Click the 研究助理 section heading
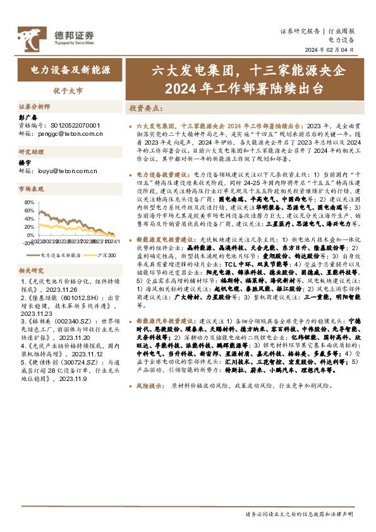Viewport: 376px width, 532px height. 32,152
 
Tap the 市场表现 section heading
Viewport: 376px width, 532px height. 32,188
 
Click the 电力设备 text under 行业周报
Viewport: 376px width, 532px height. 341,39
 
